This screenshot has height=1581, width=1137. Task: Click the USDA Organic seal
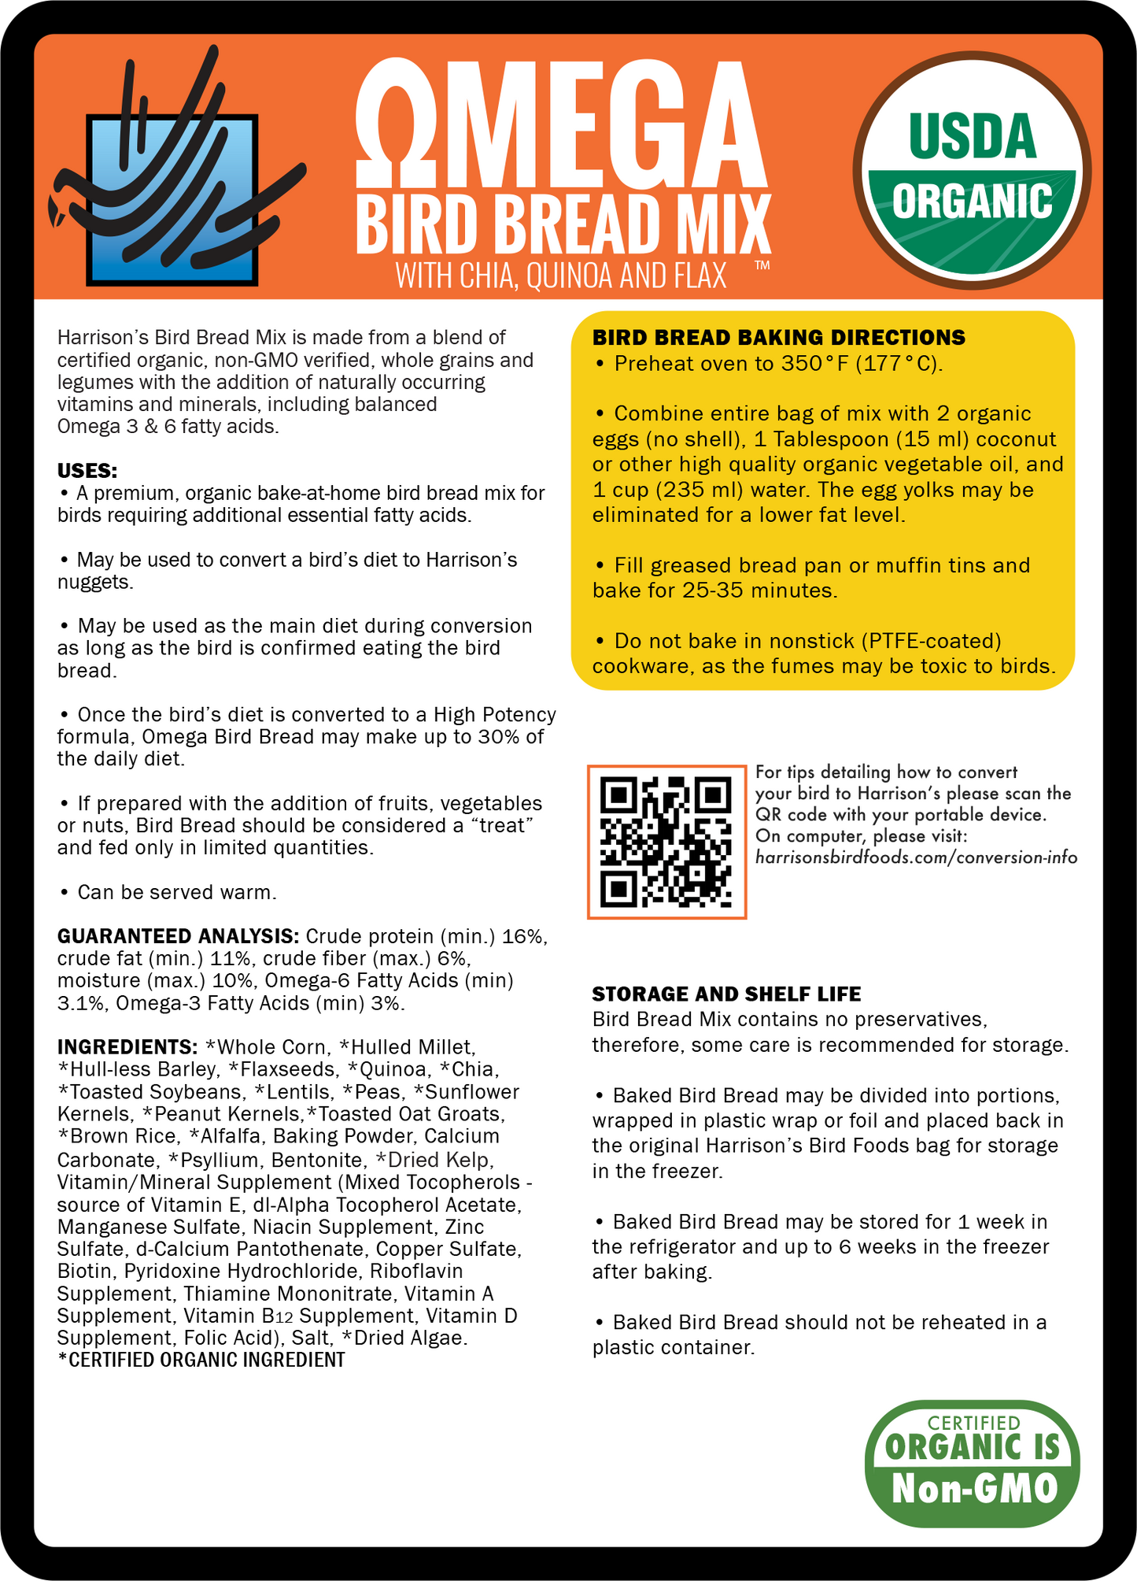click(x=972, y=169)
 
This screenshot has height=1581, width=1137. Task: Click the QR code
click(x=666, y=841)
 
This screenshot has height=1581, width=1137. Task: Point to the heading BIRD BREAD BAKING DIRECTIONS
click(x=778, y=338)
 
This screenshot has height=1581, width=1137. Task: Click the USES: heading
click(x=87, y=471)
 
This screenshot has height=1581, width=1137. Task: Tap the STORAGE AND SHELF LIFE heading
click(x=726, y=994)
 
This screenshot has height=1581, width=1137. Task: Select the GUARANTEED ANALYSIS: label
click(x=178, y=936)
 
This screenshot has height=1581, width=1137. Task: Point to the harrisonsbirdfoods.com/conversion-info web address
click(x=916, y=857)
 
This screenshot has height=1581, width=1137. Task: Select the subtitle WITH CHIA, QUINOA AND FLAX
click(x=561, y=276)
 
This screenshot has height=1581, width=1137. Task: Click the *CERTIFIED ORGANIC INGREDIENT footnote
click(x=201, y=1360)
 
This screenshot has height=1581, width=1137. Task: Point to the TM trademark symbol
click(x=762, y=266)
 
